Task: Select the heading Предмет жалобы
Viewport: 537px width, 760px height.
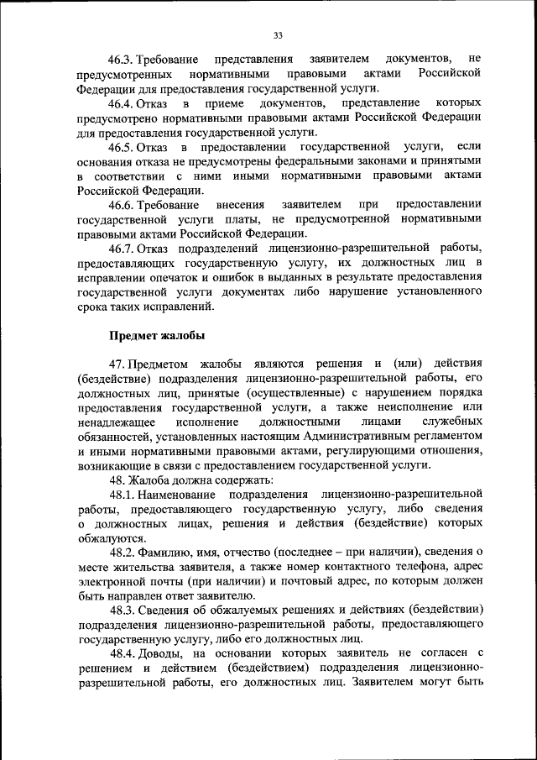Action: pos(156,335)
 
